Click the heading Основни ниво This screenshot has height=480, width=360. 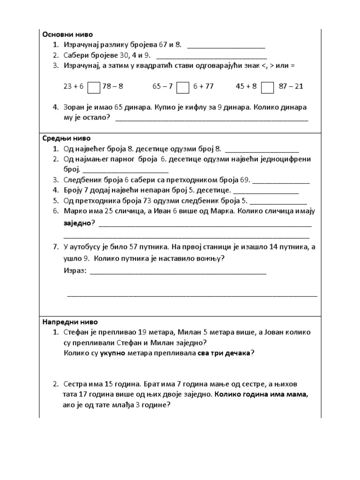click(68, 34)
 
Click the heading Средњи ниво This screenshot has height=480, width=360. click(67, 139)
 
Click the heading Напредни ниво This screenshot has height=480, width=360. click(70, 322)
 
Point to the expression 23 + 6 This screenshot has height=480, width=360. click(73, 87)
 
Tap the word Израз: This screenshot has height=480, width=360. click(75, 271)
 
